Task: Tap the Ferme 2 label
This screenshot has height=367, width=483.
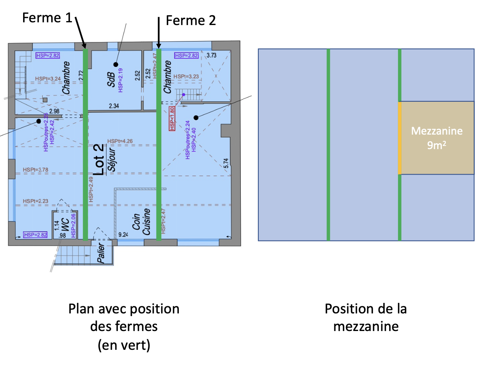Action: [191, 20]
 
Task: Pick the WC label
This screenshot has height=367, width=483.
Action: [65, 230]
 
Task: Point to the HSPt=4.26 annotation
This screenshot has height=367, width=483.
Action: [120, 141]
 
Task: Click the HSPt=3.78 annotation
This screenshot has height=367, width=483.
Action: [36, 169]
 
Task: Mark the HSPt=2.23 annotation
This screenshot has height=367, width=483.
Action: [36, 201]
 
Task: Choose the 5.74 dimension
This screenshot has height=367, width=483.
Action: [226, 163]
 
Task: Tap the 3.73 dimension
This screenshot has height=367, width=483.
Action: [211, 55]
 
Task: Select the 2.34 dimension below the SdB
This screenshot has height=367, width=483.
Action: [114, 106]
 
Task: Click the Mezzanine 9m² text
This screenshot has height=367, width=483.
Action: [436, 138]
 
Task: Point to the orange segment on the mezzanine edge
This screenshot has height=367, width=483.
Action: [400, 138]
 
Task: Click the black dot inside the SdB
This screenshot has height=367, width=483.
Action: [116, 64]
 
